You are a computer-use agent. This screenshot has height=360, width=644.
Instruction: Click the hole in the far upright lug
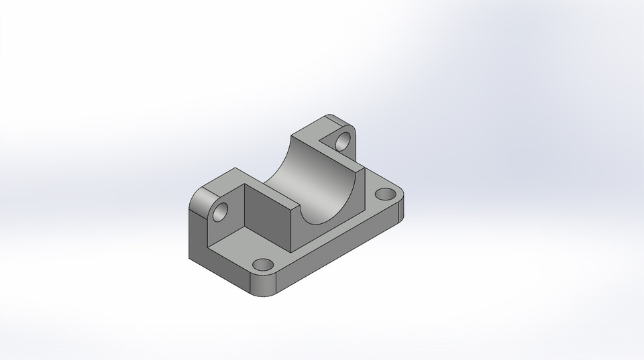[x=343, y=141]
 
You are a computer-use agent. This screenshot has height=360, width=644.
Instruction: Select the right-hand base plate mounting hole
[x=385, y=194]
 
